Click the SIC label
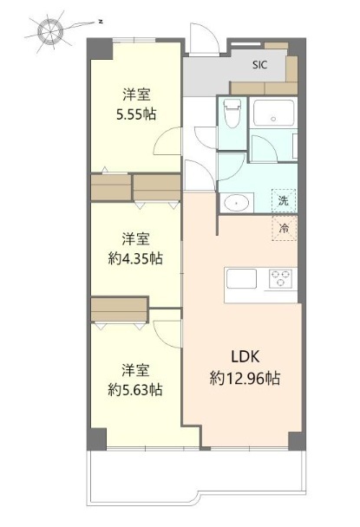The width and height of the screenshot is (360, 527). [x=259, y=64]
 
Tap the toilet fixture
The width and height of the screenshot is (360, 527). [x=232, y=113]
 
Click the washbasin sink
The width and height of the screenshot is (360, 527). [x=237, y=203]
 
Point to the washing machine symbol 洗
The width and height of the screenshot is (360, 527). [x=284, y=200]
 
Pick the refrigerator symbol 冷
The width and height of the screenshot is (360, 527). [x=284, y=229]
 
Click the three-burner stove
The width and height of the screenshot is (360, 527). [x=280, y=278]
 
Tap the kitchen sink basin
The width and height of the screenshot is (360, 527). [x=241, y=278]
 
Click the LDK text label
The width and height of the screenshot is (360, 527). [x=245, y=356]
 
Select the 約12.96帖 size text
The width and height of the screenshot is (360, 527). [x=245, y=379]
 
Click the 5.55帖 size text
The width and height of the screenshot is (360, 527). [x=136, y=114]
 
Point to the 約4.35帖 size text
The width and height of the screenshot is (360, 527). [x=135, y=259]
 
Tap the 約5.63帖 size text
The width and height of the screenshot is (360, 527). [x=135, y=390]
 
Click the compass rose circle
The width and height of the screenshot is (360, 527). [x=50, y=32]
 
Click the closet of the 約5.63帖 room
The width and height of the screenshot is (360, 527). [x=119, y=309]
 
